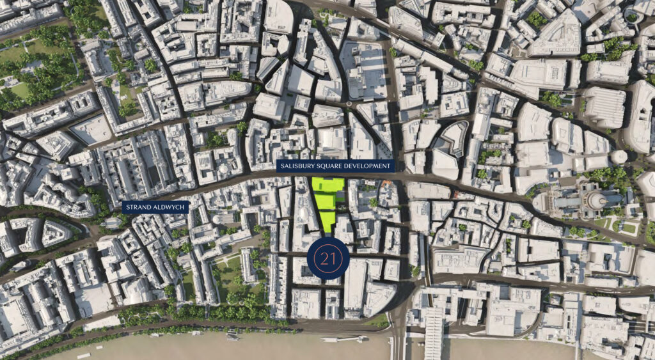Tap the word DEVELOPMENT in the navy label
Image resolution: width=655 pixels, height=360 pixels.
click(364, 166)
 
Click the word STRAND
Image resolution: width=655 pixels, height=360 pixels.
click(139, 207)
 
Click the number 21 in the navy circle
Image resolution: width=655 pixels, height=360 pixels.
click(328, 259)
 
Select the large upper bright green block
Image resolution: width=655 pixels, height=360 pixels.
click(328, 185)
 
